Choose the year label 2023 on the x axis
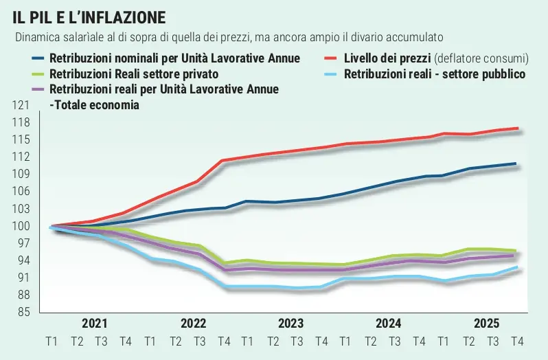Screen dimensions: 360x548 click(291, 323)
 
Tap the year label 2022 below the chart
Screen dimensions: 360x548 click(193, 323)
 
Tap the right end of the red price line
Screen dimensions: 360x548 click(516, 128)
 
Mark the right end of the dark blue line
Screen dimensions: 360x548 click(516, 164)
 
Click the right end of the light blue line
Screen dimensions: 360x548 click(516, 267)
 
